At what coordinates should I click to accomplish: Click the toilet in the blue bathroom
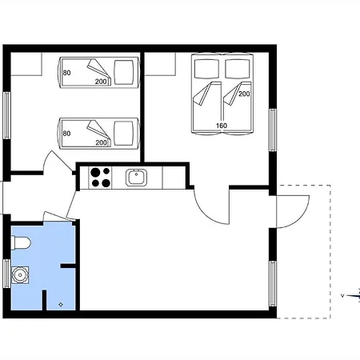pos(22,242)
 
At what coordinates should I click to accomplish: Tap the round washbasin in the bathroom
pos(20,275)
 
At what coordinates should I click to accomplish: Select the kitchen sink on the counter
pos(136,178)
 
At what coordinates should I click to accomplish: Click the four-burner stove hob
pos(100,178)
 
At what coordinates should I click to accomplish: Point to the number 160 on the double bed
pos(222,126)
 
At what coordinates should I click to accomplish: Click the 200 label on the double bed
pos(244,94)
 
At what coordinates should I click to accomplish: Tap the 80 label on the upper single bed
pos(66,73)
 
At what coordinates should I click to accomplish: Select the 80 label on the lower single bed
pos(66,134)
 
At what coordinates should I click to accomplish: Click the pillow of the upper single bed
pos(123,72)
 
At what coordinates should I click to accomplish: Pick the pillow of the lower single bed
pos(123,134)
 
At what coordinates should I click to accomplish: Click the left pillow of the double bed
pos(206,68)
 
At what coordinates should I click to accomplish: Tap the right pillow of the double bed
pos(238,68)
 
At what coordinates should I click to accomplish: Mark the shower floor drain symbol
pos(61,304)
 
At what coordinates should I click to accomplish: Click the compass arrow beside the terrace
pos(351,295)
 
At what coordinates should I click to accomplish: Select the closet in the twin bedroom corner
pos(26,64)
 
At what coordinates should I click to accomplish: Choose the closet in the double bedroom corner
pos(160,64)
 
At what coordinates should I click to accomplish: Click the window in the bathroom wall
pos(7,274)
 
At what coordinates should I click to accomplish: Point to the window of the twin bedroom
pos(7,115)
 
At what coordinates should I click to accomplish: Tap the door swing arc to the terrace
pos(300,218)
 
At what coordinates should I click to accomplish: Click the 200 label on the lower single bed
pos(102,143)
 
